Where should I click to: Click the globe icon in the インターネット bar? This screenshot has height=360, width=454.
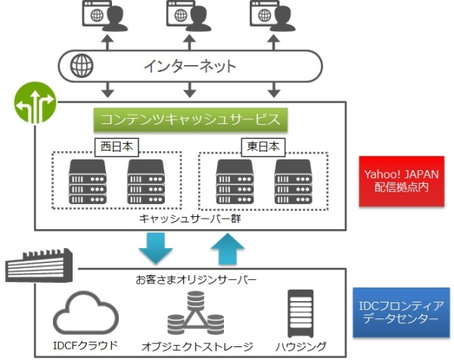(81, 66)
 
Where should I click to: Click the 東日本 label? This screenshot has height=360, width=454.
(264, 145)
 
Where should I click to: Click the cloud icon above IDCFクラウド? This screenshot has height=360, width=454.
(84, 312)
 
